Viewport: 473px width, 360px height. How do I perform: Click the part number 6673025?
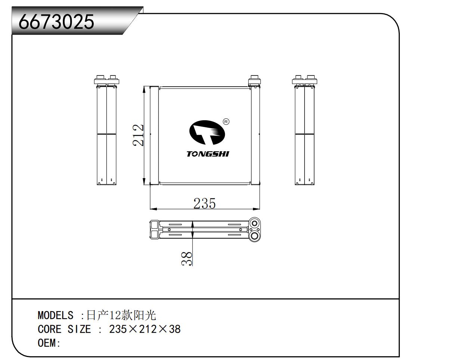pyautogui.click(x=56, y=22)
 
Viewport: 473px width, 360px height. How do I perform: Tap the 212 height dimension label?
pyautogui.click(x=139, y=135)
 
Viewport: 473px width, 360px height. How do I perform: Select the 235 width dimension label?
pyautogui.click(x=204, y=204)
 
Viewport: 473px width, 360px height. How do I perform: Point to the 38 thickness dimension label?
pyautogui.click(x=187, y=258)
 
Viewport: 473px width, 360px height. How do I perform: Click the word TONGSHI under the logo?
pyautogui.click(x=208, y=154)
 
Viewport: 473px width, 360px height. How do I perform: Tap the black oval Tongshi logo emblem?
pyautogui.click(x=207, y=133)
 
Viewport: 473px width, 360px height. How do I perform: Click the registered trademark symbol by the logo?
pyautogui.click(x=226, y=121)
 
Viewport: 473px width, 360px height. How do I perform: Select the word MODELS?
pyautogui.click(x=55, y=315)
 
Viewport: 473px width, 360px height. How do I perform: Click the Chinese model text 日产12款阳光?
pyautogui.click(x=121, y=315)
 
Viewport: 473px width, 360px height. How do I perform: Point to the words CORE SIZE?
pyautogui.click(x=64, y=329)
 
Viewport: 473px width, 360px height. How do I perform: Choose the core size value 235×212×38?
pyautogui.click(x=145, y=329)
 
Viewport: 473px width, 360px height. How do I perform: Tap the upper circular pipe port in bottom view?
pyautogui.click(x=254, y=223)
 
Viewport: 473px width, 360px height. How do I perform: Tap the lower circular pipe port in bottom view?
pyautogui.click(x=254, y=236)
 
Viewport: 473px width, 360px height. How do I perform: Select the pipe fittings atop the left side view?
pyautogui.click(x=106, y=80)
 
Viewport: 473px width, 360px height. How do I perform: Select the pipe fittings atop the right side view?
pyautogui.click(x=304, y=80)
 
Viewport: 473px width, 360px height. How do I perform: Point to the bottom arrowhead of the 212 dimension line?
pyautogui.click(x=144, y=182)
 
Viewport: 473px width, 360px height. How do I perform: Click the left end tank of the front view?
pyautogui.click(x=154, y=135)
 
